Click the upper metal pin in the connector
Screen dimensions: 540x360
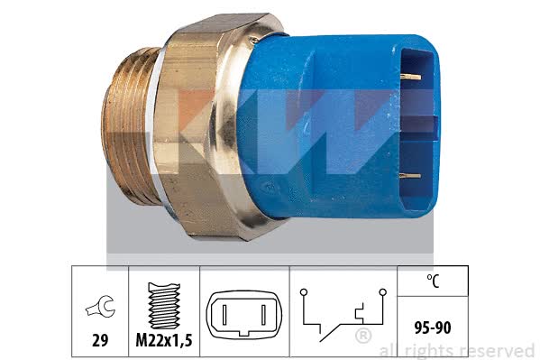click(x=410, y=77)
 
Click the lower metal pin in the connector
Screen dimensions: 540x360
click(x=410, y=176)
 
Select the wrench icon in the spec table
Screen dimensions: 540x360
click(x=100, y=306)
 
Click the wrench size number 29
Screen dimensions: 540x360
click(x=100, y=340)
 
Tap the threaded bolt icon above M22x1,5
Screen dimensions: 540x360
click(x=164, y=306)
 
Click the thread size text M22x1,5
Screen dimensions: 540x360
click(x=164, y=340)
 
